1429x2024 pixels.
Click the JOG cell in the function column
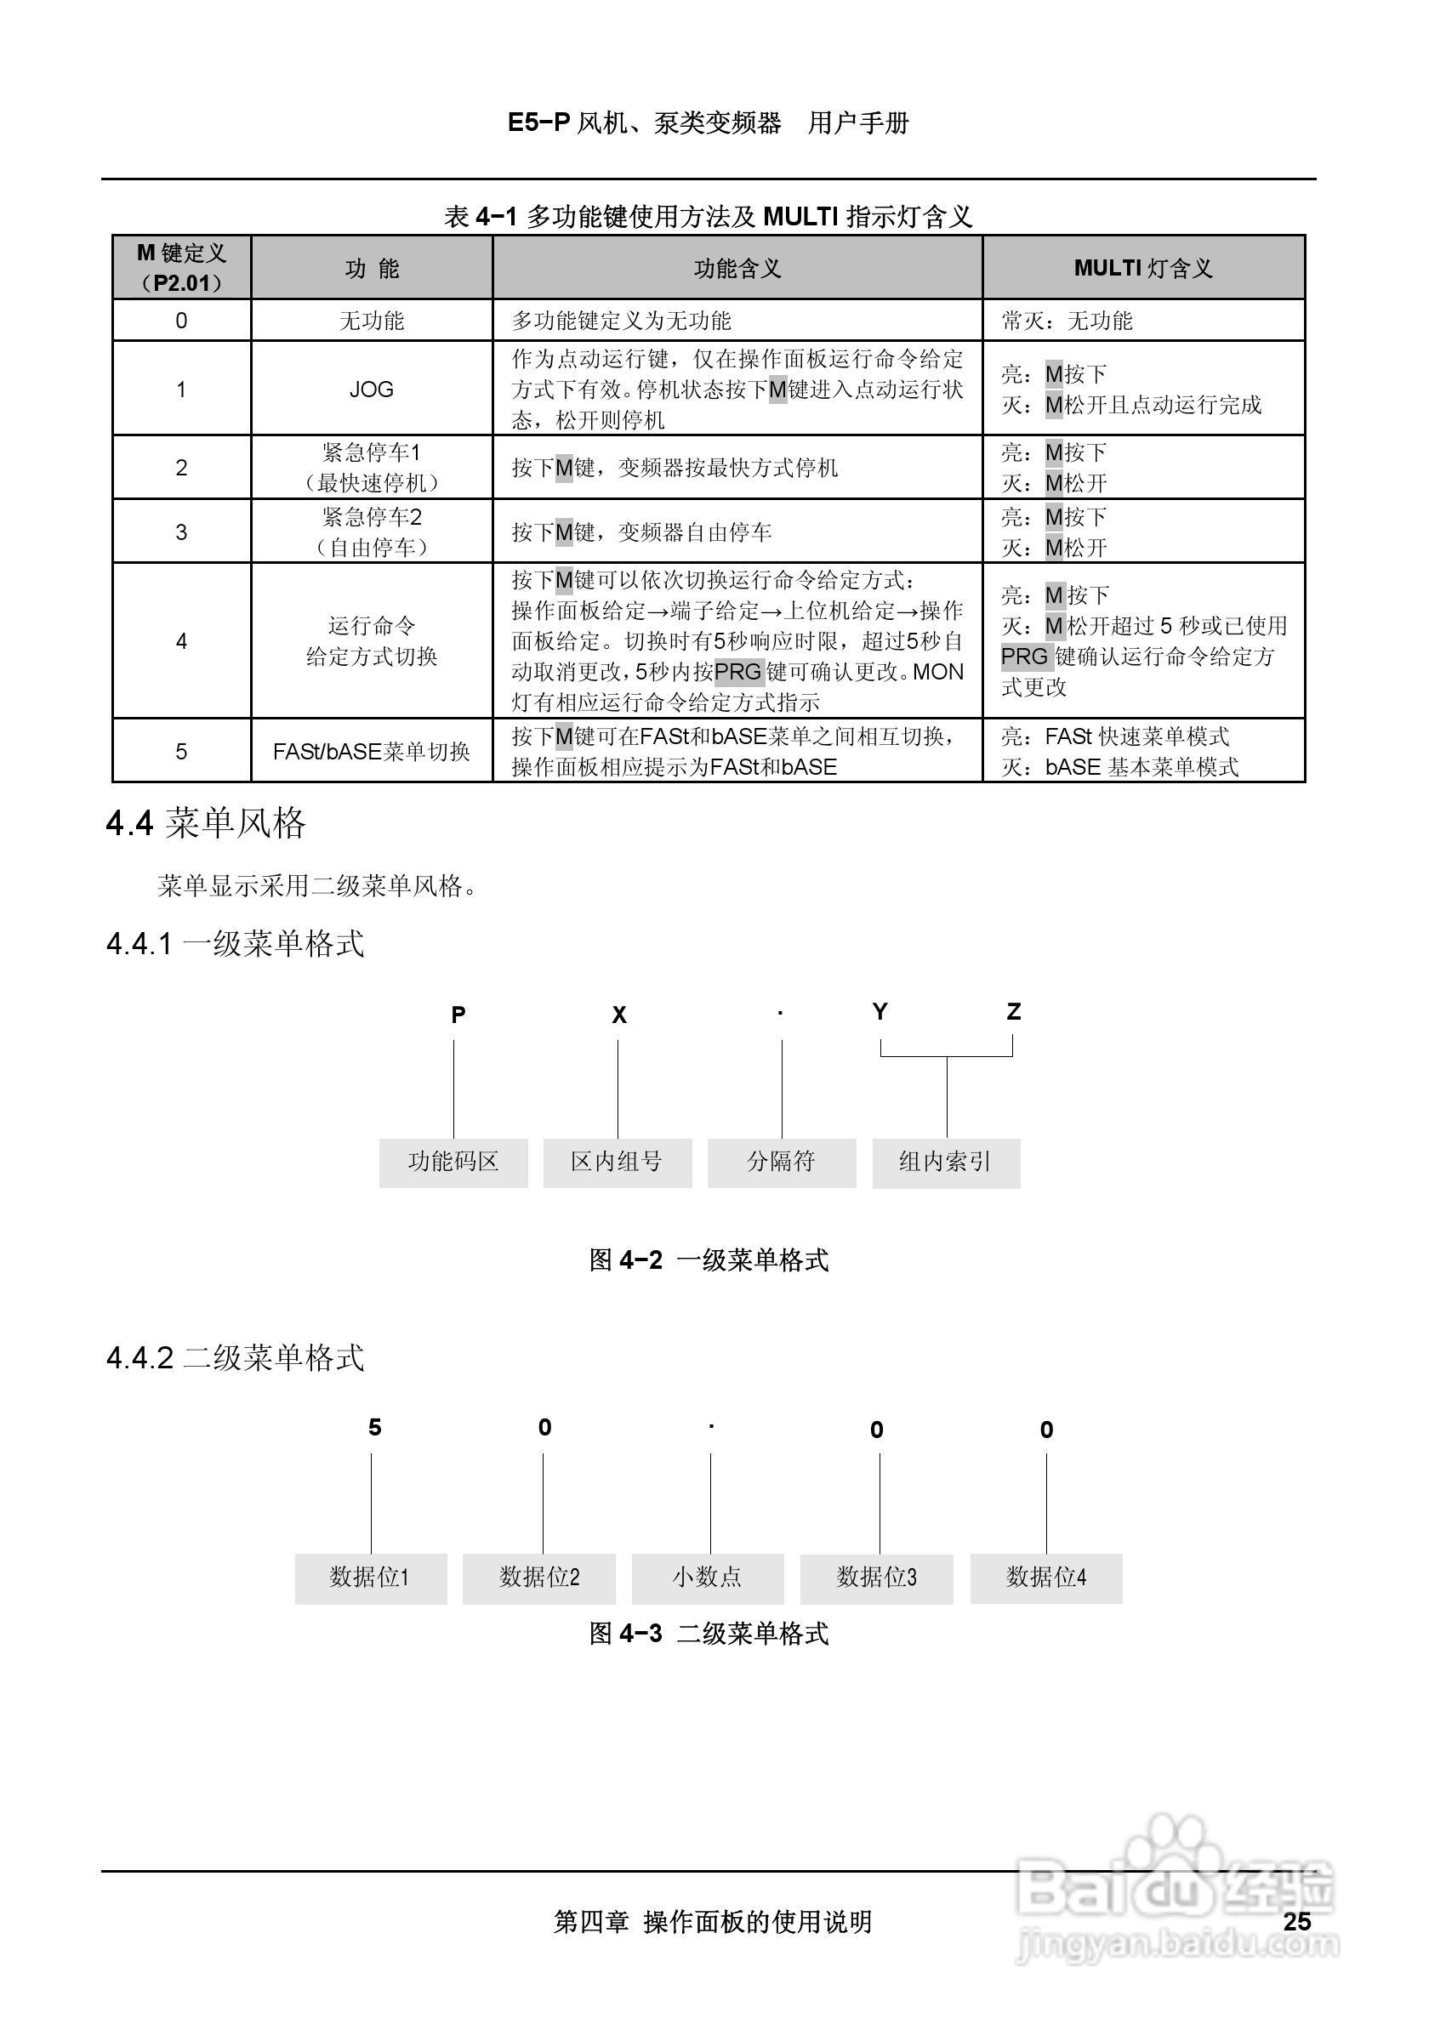pos(371,389)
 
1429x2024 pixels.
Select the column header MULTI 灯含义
pos(1142,268)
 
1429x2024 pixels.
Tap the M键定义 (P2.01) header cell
pos(181,268)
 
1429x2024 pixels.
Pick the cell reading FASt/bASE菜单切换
pos(371,751)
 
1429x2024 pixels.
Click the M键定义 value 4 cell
pos(181,641)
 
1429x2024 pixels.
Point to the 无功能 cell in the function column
pos(371,320)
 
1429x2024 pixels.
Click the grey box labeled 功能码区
pos(453,1162)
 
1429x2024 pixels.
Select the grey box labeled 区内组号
pos(617,1162)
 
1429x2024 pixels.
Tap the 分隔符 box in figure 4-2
pos(781,1162)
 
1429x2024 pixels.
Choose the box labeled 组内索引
pos(946,1162)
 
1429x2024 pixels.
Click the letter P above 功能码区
pos(458,1015)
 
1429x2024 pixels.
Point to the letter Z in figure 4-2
pos(1014,1012)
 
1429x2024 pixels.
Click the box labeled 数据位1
pos(370,1577)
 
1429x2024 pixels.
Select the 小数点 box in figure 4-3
pos(707,1577)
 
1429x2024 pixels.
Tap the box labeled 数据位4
pos(1046,1577)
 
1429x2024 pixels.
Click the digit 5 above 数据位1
pos(374,1427)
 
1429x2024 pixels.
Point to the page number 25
pos(1297,1922)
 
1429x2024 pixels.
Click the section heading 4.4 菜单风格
pos(207,823)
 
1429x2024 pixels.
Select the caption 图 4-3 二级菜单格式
pos(709,1634)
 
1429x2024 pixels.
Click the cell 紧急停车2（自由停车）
pos(371,532)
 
